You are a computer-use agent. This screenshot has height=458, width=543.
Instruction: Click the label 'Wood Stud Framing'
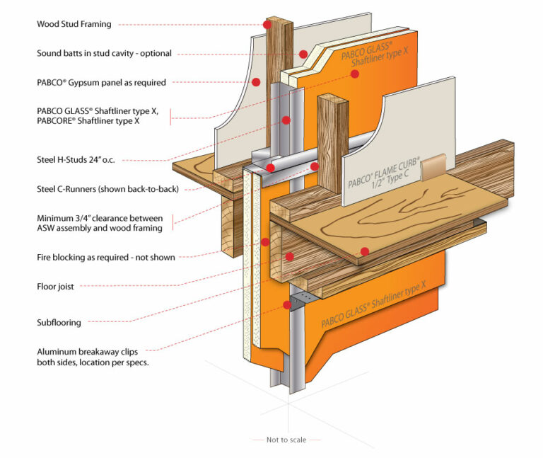[74, 24]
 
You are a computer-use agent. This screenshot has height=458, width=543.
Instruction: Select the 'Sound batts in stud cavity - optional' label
[104, 53]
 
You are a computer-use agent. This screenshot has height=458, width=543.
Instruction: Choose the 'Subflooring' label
[59, 322]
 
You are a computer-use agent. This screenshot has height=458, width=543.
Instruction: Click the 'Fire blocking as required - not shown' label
[106, 258]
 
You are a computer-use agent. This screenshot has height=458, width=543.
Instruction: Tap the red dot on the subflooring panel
[365, 251]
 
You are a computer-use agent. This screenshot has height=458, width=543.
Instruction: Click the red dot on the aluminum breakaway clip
[287, 306]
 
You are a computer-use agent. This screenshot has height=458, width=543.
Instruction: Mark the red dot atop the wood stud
[267, 24]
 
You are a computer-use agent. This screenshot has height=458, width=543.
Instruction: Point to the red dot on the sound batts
[303, 54]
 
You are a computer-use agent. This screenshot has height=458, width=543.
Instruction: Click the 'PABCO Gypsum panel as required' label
[101, 82]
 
